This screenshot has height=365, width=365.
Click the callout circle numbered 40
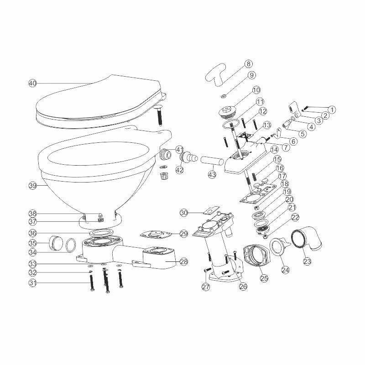pos(32,83)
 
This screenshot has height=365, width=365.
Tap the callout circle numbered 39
pos(32,186)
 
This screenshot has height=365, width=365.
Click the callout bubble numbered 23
pos(308,262)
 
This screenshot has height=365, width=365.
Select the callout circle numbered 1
pos(332,110)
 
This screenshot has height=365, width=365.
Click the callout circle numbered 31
pos(32,283)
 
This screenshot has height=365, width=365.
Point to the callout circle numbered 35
pos(32,243)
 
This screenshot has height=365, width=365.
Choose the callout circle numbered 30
pos(184,213)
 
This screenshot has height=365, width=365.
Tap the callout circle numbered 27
pos(206,287)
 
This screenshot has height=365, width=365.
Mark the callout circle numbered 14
pos(274,149)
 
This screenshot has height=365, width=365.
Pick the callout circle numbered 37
pos(32,222)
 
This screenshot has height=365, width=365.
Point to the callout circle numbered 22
pos(295,218)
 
